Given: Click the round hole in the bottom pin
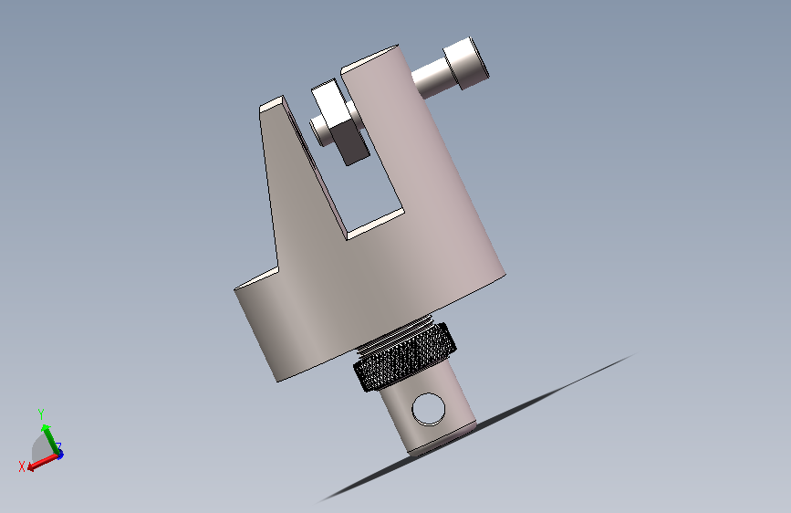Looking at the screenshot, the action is tap(429, 408).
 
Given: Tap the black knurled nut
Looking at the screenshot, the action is tap(404, 358).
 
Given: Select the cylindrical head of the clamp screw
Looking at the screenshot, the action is tap(466, 63).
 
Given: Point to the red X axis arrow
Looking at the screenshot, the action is tap(42, 462).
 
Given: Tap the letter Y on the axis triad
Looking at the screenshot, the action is tap(41, 414).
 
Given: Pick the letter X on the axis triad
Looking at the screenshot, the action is tap(22, 466).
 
